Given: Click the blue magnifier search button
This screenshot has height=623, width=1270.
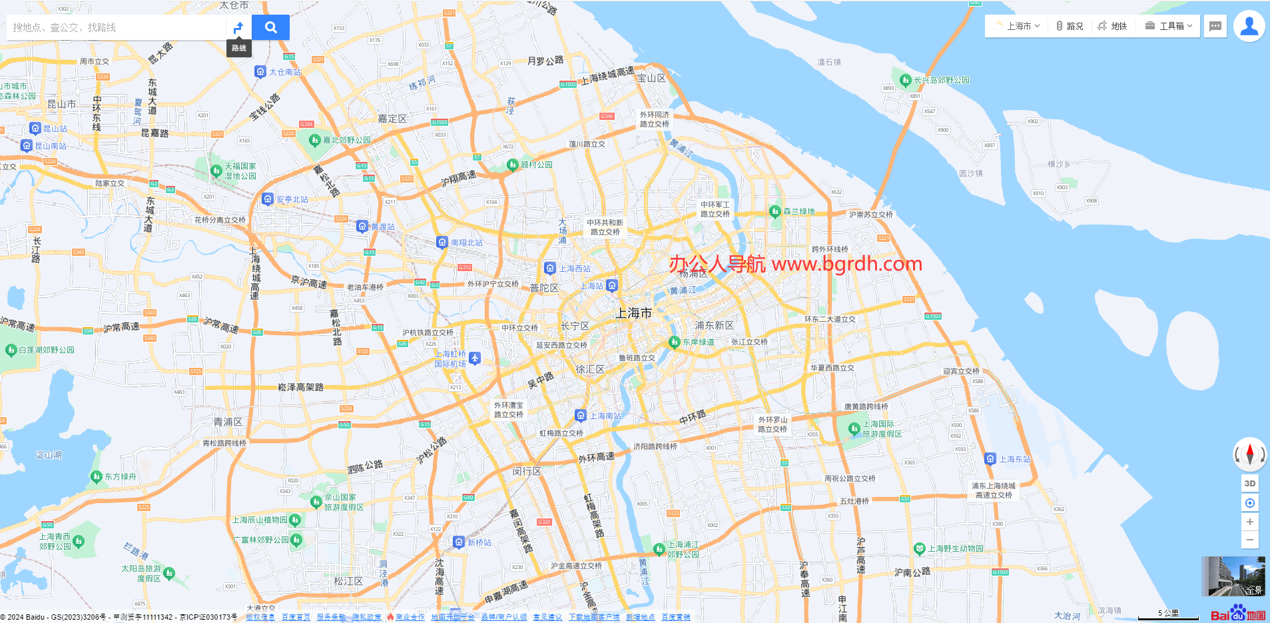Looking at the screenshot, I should (x=270, y=27).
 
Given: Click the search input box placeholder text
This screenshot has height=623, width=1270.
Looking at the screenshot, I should (x=65, y=27).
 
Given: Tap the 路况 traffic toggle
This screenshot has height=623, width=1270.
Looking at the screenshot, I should (x=1070, y=26).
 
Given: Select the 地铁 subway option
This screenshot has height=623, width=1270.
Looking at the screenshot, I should (x=1112, y=26).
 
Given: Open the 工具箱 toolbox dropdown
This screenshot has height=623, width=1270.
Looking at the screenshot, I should (x=1169, y=26).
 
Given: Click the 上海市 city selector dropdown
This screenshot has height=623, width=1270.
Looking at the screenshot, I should (x=1017, y=26).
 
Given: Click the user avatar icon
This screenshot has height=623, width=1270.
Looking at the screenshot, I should (x=1249, y=27).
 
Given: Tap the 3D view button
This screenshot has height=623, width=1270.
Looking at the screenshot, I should (x=1250, y=484).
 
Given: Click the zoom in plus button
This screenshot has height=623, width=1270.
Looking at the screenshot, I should (x=1250, y=522).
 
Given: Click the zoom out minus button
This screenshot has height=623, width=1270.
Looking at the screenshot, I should (x=1250, y=540).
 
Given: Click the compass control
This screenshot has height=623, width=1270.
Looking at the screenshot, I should (x=1249, y=454).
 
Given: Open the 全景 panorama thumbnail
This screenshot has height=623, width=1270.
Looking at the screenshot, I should (x=1233, y=576).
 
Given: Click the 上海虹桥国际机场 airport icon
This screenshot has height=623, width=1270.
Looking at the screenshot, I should (x=474, y=358).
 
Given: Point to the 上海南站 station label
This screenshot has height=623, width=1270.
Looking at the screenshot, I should (x=605, y=416).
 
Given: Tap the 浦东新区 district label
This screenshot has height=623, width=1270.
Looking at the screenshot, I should (x=714, y=325).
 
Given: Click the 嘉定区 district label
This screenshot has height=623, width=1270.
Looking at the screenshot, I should (x=392, y=119).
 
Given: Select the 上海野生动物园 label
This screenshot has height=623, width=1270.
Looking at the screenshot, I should (x=956, y=548).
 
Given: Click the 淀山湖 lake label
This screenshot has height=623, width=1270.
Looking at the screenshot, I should (x=49, y=455).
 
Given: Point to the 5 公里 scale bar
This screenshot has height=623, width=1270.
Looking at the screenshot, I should (x=1168, y=615).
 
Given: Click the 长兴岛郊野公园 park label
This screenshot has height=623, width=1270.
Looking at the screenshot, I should (x=941, y=80).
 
